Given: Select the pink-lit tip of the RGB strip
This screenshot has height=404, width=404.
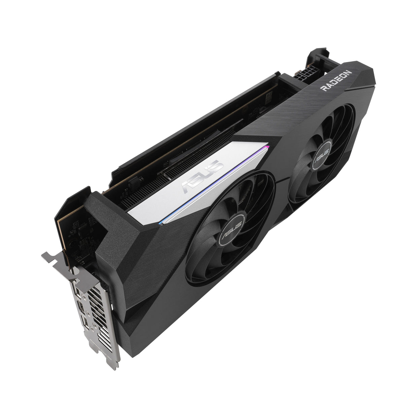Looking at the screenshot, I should pos(267,147).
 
